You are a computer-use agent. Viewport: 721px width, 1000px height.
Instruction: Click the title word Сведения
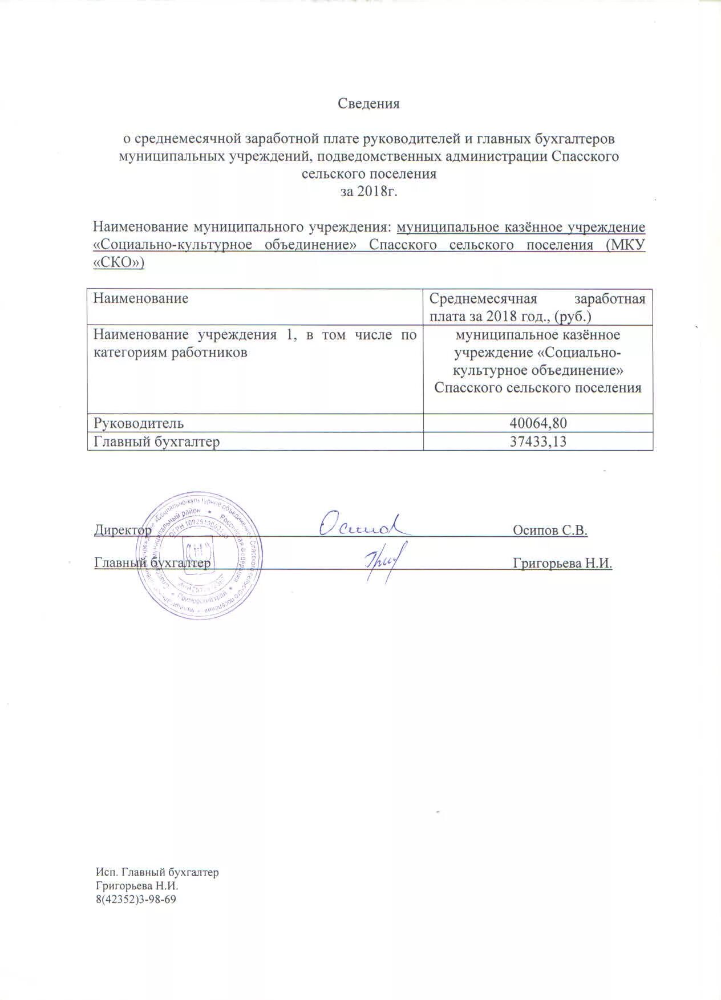tap(368, 104)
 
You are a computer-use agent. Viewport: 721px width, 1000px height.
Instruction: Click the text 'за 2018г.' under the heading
tap(368, 192)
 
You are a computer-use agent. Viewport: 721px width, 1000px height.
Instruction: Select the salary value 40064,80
tap(538, 423)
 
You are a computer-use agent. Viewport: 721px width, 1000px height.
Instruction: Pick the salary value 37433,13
tap(538, 441)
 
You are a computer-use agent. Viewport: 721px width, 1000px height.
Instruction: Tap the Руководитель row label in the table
tap(139, 423)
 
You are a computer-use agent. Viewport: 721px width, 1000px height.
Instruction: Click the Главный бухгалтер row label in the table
tap(157, 441)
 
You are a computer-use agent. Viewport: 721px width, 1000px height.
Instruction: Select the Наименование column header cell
tap(141, 298)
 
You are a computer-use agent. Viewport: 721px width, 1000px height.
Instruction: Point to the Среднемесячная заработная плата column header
tap(537, 307)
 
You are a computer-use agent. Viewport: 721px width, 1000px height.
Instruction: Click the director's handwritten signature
tap(363, 524)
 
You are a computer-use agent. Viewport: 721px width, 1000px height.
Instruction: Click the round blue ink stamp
tap(200, 556)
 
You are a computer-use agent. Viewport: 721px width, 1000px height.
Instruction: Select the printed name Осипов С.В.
tap(550, 531)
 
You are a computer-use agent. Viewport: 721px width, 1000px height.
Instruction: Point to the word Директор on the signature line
tap(123, 531)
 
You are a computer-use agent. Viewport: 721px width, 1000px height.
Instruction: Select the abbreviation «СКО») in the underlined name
tap(119, 263)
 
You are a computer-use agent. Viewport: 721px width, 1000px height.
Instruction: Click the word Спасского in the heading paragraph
tap(585, 156)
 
